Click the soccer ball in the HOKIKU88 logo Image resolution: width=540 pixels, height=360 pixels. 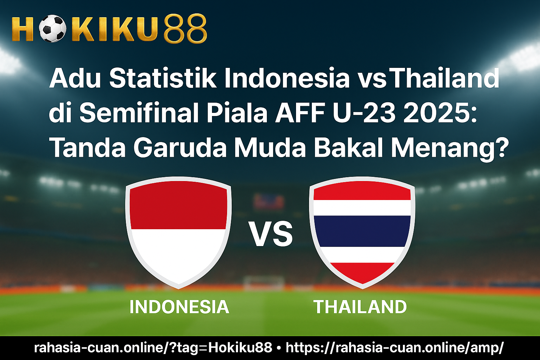tap(52, 29)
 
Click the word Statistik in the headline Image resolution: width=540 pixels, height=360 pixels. tap(163, 79)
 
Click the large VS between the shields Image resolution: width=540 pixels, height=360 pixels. tap(271, 234)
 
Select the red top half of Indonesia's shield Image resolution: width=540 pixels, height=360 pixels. tap(178, 205)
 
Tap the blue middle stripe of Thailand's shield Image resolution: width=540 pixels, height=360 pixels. tap(362, 231)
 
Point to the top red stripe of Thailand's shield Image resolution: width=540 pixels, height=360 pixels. tap(362, 191)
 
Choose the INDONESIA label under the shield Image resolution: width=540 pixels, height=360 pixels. tap(179, 307)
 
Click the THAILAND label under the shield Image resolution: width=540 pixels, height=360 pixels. tap(360, 307)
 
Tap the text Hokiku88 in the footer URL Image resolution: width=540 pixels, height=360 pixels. tap(240, 347)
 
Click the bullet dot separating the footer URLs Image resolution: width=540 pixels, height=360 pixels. tap(279, 348)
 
